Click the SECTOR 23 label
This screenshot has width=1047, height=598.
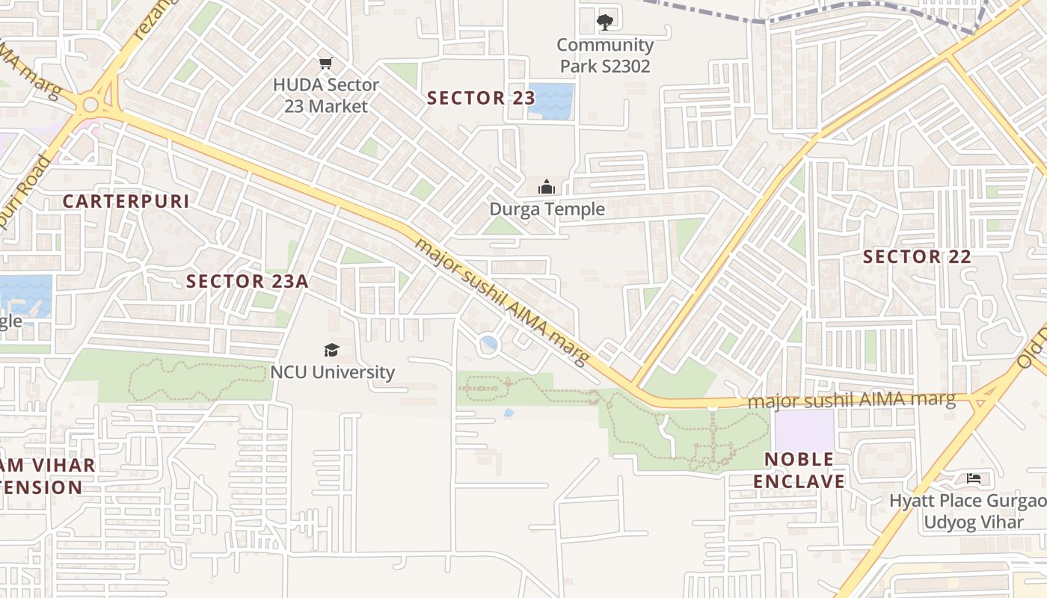coord(481,98)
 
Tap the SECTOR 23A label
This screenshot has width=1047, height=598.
coord(248,281)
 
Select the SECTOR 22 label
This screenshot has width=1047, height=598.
coord(917,257)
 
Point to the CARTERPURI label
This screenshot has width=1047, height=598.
coord(126,201)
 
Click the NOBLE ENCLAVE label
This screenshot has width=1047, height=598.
coord(799,470)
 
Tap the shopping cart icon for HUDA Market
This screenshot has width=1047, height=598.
coord(325,64)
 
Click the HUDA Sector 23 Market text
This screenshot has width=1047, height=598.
coord(326,96)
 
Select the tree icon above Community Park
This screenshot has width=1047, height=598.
coord(604,22)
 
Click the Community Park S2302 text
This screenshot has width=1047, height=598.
coord(605,56)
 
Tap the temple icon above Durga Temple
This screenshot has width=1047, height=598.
coord(547,186)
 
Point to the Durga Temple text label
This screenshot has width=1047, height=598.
coord(547,209)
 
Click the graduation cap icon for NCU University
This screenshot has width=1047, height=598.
coord(331,350)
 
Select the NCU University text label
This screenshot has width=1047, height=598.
coord(332,372)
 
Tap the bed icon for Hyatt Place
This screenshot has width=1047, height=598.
coord(973,478)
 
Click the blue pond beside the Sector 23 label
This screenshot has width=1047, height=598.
coord(551,102)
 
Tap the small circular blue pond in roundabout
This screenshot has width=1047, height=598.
coord(489,345)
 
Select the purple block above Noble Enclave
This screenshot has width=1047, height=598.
coord(804,430)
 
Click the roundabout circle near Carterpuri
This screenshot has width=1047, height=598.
coord(90,105)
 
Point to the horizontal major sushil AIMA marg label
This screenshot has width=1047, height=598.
coord(852,401)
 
